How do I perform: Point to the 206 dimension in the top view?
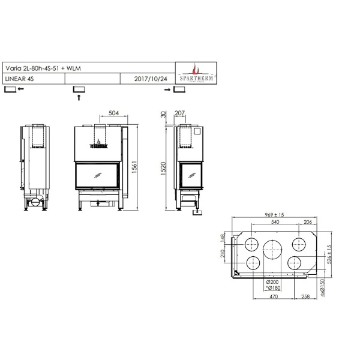tap(308, 222)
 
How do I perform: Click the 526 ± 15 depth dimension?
tap(329, 254)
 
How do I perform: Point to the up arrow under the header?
tap(79, 97)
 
